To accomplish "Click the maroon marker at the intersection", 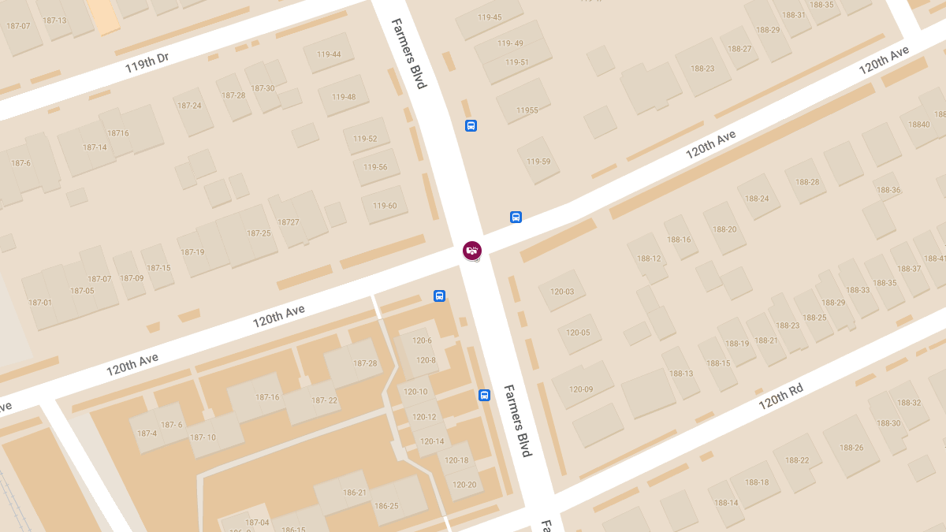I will [x=471, y=251].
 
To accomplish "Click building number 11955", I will [x=527, y=110].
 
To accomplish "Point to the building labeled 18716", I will [x=118, y=133].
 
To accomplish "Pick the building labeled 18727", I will [x=289, y=222].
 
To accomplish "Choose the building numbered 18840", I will [x=919, y=125].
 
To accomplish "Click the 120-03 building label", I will [x=562, y=292].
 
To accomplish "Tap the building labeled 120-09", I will [x=581, y=389].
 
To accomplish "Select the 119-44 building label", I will [x=329, y=54].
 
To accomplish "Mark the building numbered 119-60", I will [x=385, y=206].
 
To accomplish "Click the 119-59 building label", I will [x=538, y=162].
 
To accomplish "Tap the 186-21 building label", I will [x=355, y=493].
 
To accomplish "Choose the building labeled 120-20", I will [x=464, y=485].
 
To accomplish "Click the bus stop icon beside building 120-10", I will [x=484, y=396].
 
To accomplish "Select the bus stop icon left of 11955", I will [x=471, y=125].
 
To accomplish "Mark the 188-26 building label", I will [x=851, y=448].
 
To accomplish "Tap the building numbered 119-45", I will [x=490, y=17].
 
